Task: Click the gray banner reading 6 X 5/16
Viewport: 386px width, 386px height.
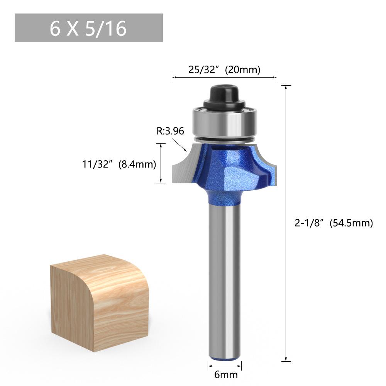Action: click(x=89, y=28)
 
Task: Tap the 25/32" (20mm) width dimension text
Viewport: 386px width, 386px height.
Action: click(x=224, y=69)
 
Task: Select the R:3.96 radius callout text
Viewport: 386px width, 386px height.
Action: click(x=170, y=131)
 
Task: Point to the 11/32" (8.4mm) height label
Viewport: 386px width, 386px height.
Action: click(x=119, y=164)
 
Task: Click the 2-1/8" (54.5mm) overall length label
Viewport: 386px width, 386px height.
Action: click(x=334, y=223)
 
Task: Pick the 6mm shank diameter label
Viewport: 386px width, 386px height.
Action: click(x=226, y=375)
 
